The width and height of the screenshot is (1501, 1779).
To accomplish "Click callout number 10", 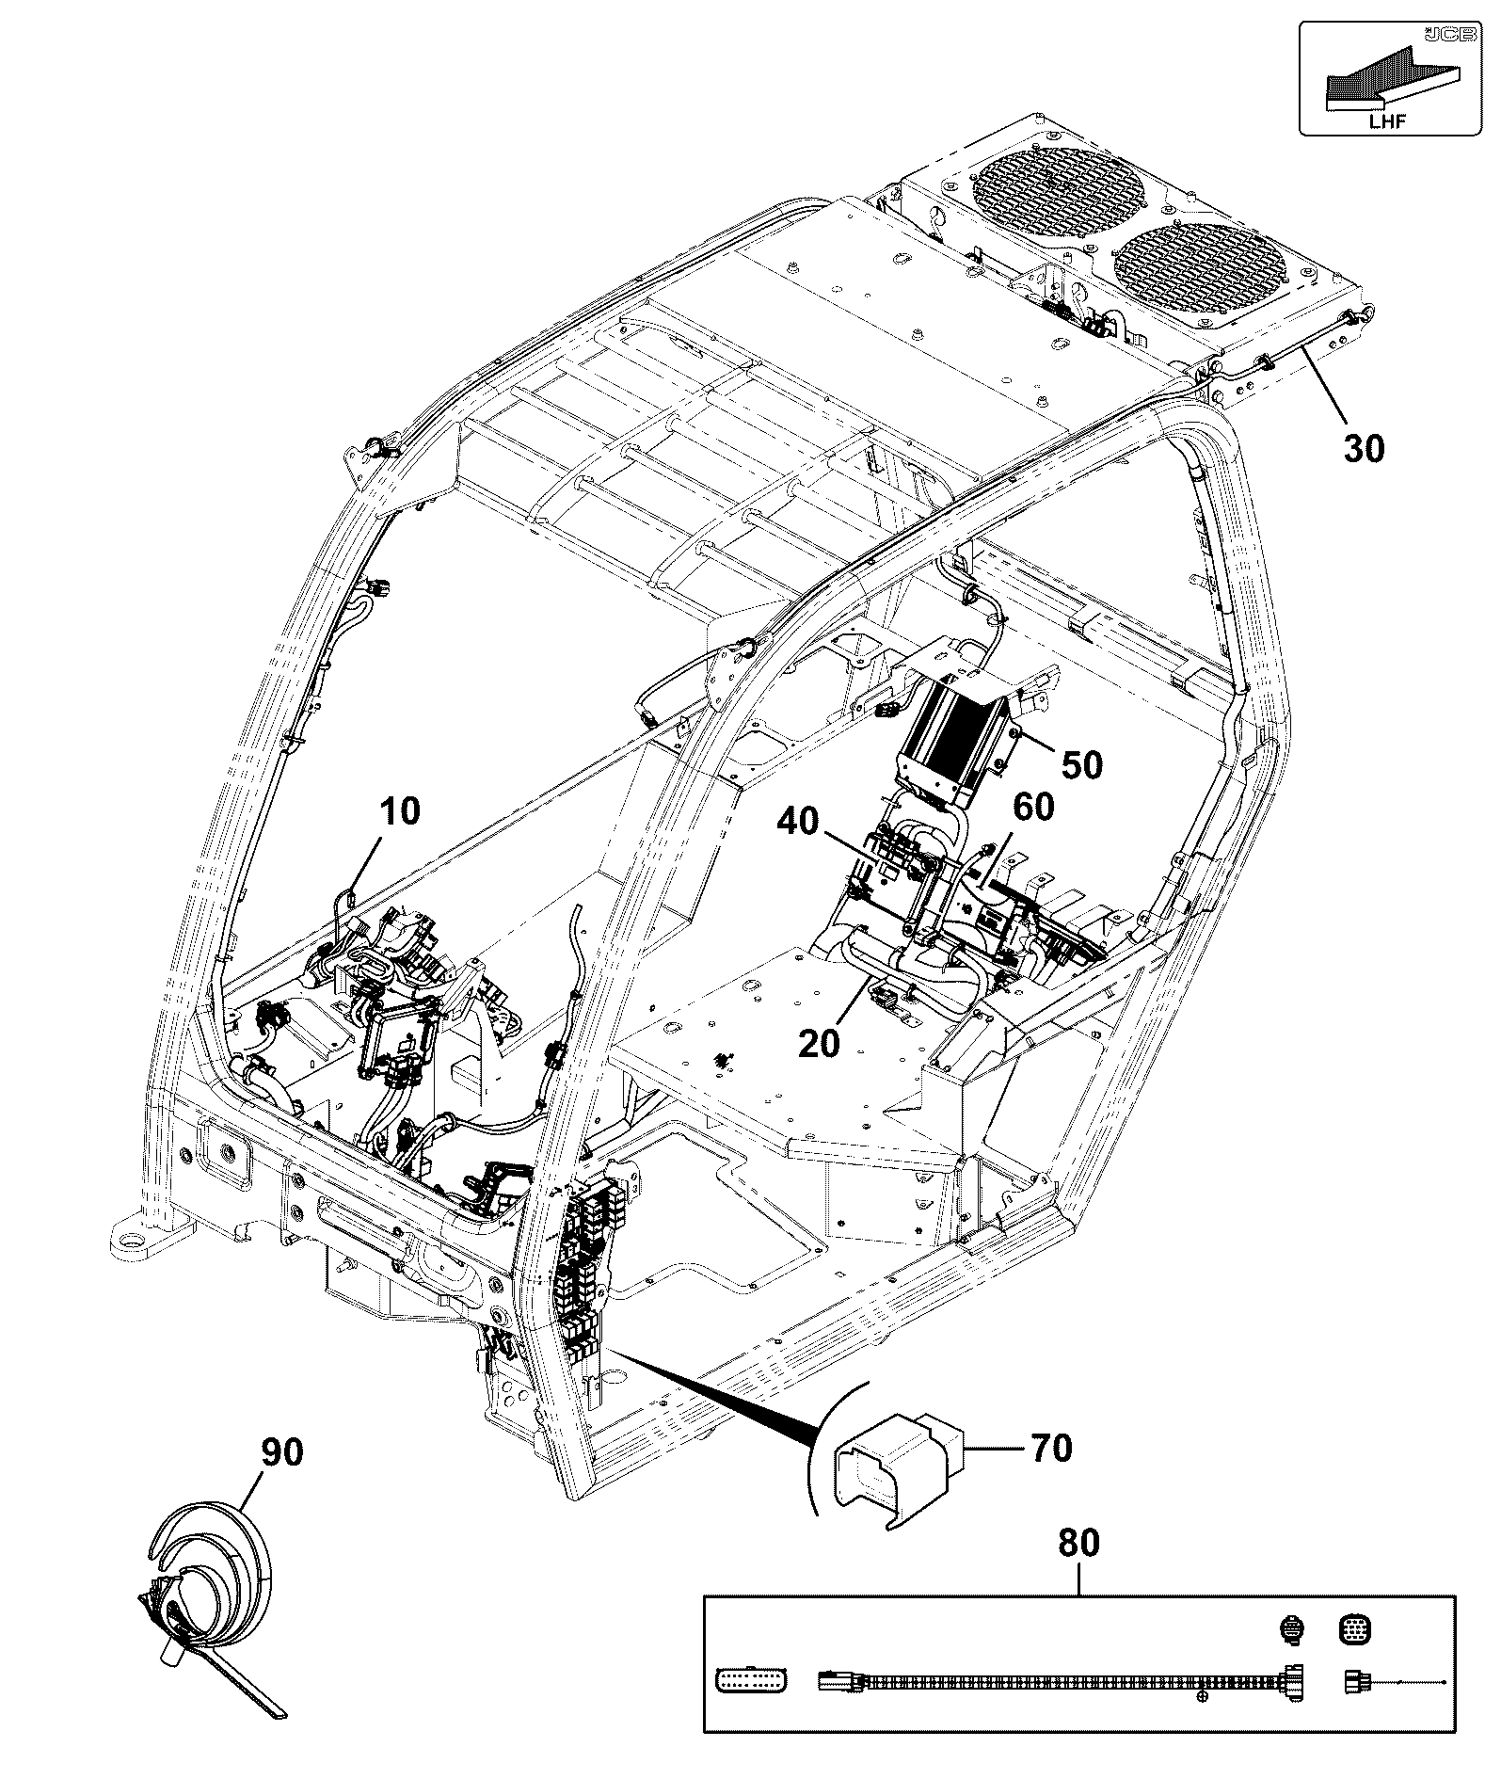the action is tap(400, 810).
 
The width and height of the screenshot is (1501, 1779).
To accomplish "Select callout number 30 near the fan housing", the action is tap(1365, 450).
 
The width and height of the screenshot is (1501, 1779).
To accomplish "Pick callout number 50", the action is tap(1082, 764).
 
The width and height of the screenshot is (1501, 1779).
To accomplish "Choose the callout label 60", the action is tap(1033, 807).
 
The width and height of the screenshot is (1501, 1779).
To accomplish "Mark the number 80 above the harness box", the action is tap(1078, 1544).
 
